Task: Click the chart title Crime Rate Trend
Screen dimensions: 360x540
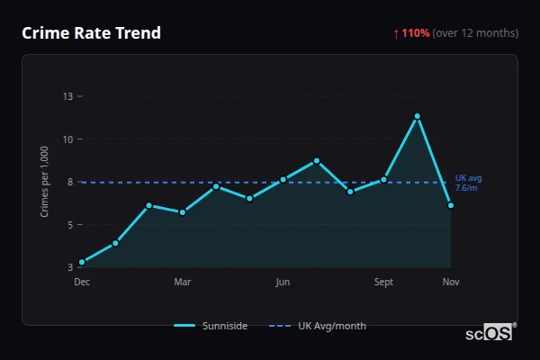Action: coord(91,33)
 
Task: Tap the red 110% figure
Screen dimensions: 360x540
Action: coord(416,33)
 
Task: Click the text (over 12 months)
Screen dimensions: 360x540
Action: coord(475,33)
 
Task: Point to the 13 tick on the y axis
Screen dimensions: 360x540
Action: coord(67,95)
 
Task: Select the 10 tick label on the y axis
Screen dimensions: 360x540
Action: coord(67,139)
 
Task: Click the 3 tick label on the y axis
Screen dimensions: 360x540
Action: coord(69,267)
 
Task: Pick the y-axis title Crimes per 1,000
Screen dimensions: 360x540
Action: coord(44,181)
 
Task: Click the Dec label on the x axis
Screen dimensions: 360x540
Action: coord(82,282)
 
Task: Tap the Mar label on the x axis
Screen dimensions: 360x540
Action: coord(183,282)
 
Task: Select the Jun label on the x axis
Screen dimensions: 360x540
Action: coord(283,282)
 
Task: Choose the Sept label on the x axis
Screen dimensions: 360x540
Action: coord(383,282)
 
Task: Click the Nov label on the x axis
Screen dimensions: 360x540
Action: coord(451,282)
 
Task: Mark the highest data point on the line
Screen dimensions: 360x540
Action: coord(418,116)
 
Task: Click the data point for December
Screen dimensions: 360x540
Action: coord(82,262)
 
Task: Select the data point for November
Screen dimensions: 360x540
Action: coord(451,205)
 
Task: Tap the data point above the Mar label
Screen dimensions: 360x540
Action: coord(183,212)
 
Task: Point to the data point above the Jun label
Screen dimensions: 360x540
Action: coord(283,179)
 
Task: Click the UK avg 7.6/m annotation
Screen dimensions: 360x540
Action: coord(469,183)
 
